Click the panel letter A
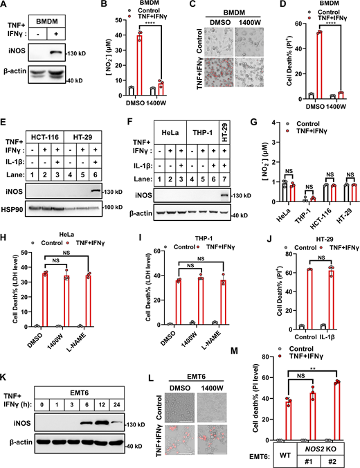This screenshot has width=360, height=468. [5, 6]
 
